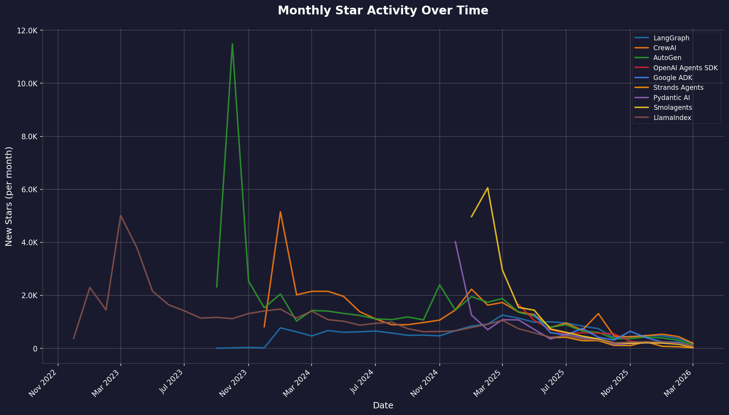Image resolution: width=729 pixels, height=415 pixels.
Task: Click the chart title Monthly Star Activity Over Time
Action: point(383,11)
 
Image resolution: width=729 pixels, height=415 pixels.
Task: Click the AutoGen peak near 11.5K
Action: point(232,44)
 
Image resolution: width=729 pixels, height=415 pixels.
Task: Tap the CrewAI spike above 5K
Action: point(280,212)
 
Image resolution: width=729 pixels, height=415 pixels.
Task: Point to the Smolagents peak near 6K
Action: point(487,188)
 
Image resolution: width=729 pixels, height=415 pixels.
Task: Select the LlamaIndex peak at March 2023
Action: point(121,215)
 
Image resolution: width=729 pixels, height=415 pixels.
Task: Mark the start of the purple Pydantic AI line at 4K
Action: point(455,242)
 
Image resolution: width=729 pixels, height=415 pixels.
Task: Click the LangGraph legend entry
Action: point(671,38)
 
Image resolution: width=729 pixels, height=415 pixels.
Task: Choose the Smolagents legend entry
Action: point(673,108)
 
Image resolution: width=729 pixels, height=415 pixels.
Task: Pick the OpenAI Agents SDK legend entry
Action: point(686,68)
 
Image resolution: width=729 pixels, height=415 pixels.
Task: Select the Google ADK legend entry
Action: point(673,78)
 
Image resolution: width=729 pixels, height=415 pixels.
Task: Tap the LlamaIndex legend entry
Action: point(672,118)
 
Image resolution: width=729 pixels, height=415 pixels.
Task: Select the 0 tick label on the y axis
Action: point(35,348)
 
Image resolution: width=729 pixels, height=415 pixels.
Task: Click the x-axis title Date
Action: point(383,406)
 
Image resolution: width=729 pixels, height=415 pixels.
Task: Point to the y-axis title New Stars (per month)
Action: point(9,196)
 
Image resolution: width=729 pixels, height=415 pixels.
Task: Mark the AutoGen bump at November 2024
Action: point(439,285)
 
